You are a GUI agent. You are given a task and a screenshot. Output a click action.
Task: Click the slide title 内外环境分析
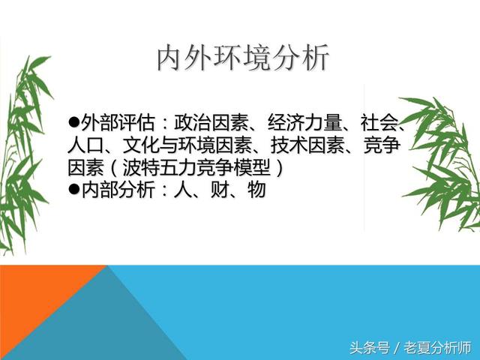[242, 58]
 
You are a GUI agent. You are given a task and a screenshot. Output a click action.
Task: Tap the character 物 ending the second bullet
[256, 190]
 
